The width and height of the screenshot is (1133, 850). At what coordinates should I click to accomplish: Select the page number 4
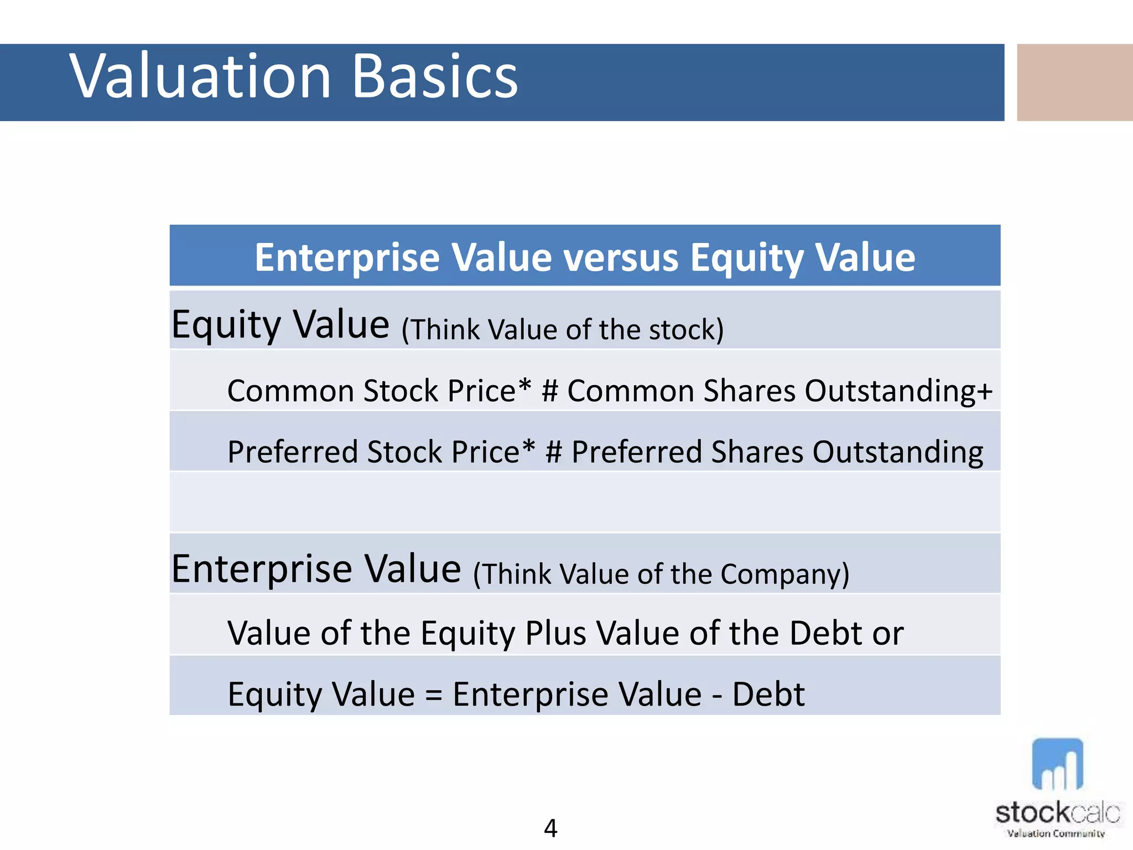click(550, 828)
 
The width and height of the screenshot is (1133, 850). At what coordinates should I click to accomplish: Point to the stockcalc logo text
click(1057, 812)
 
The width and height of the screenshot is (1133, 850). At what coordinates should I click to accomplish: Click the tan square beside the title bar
click(1074, 82)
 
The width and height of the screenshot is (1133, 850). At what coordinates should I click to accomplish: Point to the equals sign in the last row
click(434, 696)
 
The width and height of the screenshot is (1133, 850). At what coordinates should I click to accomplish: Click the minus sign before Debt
click(717, 696)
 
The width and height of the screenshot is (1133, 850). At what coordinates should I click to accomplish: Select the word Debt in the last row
click(768, 694)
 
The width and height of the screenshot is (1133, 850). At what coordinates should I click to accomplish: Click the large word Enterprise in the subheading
click(262, 569)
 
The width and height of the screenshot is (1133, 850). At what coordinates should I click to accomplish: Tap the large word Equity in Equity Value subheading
click(226, 325)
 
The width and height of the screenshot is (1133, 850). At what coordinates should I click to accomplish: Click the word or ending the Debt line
click(888, 634)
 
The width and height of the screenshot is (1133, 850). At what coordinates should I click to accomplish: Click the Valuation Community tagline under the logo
click(1056, 833)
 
